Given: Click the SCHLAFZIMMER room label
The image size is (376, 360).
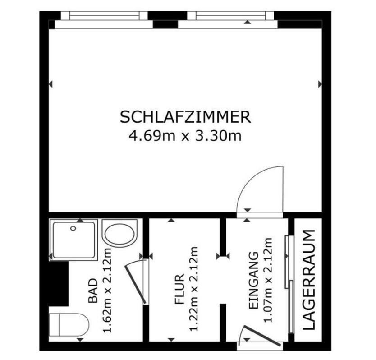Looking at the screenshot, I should click(185, 117).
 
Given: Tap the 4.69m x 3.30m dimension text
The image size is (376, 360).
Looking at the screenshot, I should click(185, 135).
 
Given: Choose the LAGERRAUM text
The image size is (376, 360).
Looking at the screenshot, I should click(308, 280).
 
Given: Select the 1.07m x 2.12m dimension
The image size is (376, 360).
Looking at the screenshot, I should click(269, 287).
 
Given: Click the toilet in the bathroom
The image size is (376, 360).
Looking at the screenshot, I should click(70, 324).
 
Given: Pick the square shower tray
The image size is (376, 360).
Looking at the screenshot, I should click(74, 240).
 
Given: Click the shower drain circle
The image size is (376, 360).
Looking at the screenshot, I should click(73, 229).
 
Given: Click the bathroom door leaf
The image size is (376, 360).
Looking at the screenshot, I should click(135, 283).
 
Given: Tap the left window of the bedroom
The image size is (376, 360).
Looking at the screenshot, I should click(104, 16).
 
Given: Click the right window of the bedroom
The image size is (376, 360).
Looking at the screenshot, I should click(230, 16).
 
